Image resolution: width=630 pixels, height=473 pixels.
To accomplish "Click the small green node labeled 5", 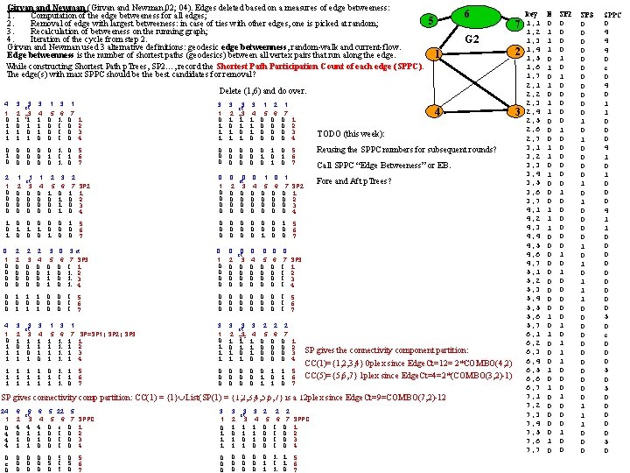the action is pos(428,20).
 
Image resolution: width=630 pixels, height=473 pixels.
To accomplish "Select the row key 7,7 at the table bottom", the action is pos(534,450).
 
